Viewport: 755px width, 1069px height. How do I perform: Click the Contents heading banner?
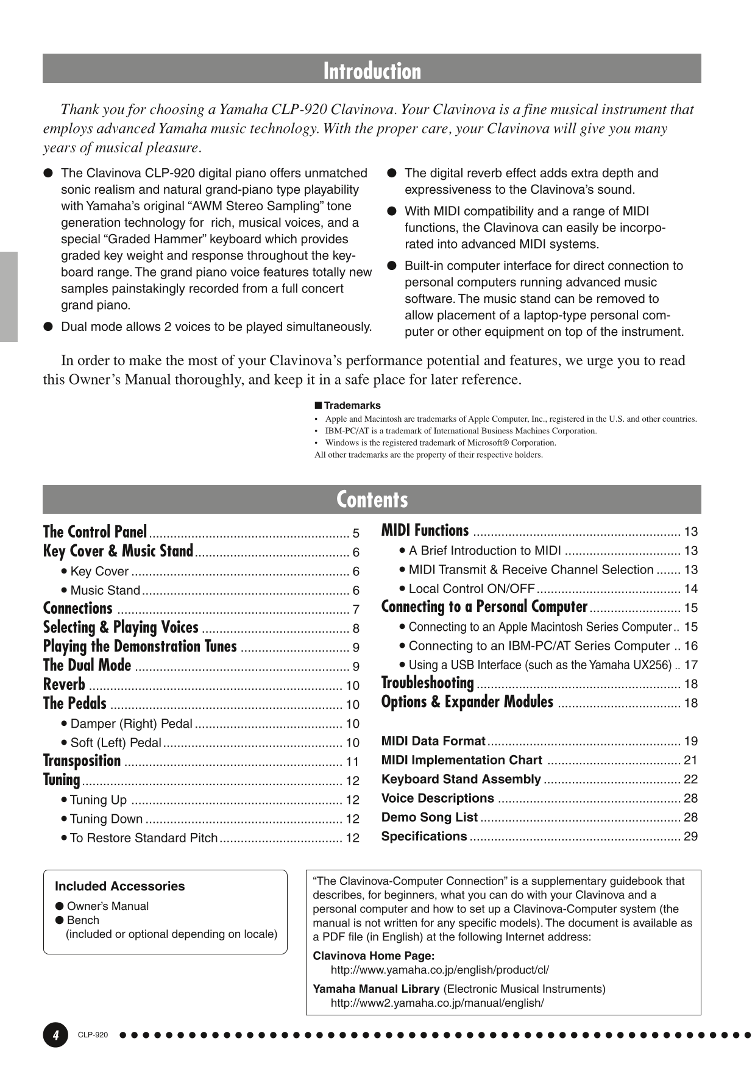372,499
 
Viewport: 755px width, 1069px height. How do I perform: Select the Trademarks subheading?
352,405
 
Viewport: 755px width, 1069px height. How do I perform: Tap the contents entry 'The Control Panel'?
95,532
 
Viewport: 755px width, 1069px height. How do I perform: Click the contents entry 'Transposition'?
82,761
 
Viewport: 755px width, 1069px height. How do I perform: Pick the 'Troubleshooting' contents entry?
427,683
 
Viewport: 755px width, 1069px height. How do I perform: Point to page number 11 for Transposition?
352,762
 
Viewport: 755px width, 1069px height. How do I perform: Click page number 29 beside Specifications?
690,836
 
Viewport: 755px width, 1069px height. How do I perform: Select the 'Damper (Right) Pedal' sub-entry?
131,723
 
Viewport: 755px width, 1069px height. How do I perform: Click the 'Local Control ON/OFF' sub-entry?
471,589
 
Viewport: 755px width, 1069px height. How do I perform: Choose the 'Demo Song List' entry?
429,817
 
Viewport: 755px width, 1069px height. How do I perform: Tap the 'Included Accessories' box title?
119,886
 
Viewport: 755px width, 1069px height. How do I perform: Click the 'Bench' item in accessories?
83,920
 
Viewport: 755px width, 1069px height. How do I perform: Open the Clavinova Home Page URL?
439,970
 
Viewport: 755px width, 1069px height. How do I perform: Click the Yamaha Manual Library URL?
437,1003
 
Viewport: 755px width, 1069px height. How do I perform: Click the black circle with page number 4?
55,1035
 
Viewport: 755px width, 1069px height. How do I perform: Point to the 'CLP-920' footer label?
93,1035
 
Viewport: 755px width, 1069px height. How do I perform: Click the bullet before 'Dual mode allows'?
48,327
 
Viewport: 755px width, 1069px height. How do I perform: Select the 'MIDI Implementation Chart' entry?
461,760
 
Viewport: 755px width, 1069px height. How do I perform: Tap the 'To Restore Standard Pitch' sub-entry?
143,838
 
